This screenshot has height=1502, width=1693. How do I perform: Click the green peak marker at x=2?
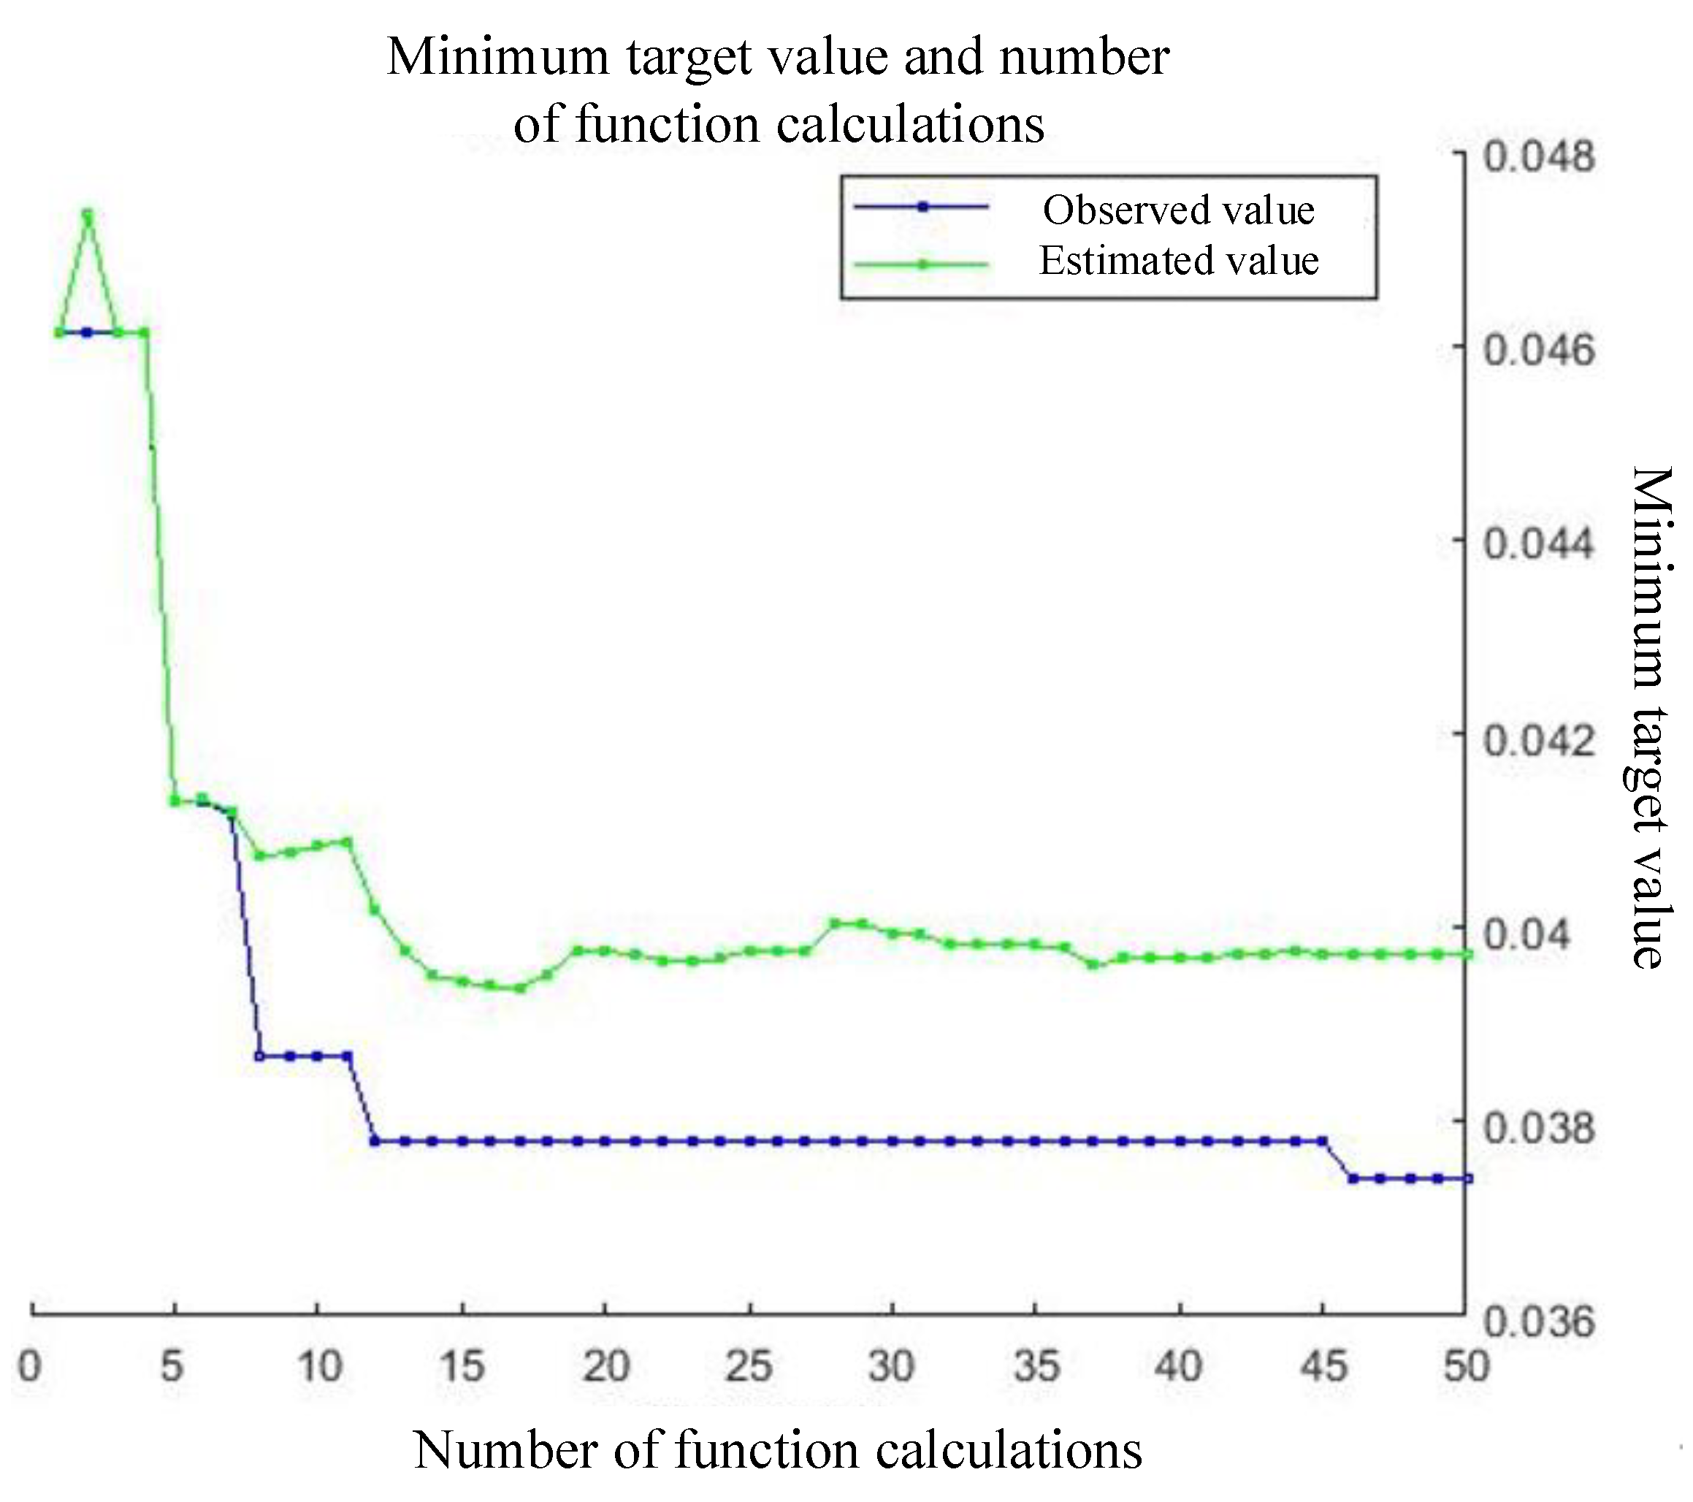coord(88,214)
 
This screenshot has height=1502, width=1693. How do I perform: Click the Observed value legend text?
coord(1178,210)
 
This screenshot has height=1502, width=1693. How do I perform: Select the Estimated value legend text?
coord(1178,261)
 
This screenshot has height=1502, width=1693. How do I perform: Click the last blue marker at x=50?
coord(1467,1178)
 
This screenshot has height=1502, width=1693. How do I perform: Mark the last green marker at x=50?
coord(1467,954)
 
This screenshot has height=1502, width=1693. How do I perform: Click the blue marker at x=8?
coord(260,1056)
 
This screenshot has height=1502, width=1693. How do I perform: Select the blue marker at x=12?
coord(375,1141)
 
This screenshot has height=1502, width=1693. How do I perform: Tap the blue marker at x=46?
coord(1352,1178)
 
